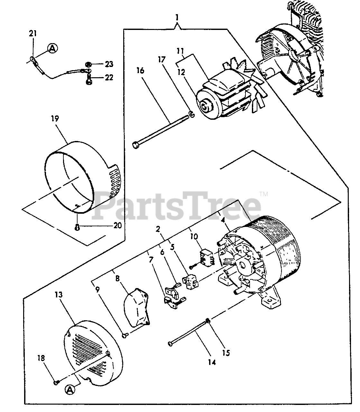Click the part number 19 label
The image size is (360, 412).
coord(54,118)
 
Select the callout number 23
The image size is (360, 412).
coord(109,64)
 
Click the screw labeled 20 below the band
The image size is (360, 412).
coord(77,227)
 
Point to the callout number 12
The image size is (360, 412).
coord(181,72)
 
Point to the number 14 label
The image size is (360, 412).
coord(212,362)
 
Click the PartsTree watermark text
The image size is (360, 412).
coord(177,206)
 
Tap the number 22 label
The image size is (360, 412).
coord(109,78)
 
